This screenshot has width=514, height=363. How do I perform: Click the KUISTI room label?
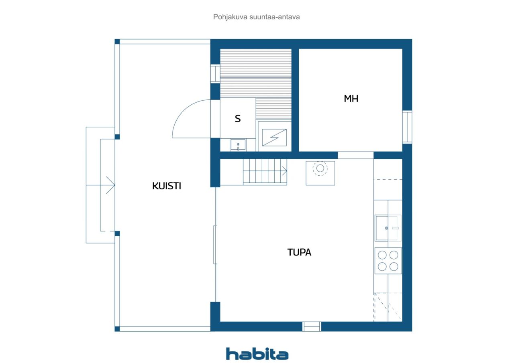tap(167, 186)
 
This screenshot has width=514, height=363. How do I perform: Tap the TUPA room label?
tap(299, 252)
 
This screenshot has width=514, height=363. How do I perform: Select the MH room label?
tap(351, 99)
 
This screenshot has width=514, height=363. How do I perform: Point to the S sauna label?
tap(238, 118)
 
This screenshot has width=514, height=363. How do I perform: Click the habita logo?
tap(257, 354)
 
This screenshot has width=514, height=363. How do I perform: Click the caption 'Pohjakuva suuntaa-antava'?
tap(256, 17)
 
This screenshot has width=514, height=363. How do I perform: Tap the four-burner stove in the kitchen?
tap(388, 261)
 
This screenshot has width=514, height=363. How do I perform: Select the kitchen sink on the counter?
tap(388, 228)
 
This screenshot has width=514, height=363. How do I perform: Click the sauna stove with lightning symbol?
tap(274, 137)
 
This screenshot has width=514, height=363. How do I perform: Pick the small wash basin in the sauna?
tap(238, 145)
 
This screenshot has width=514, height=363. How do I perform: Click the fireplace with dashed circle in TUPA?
tap(320, 173)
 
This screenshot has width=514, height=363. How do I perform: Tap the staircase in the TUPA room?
tap(265, 172)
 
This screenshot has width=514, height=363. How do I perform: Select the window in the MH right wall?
tap(407, 127)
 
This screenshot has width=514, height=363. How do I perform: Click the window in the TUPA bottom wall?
tap(311, 326)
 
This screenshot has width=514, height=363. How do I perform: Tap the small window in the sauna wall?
tap(215, 73)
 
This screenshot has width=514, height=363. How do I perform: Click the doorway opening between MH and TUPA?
tap(355, 155)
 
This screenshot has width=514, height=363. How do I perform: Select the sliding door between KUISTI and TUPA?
tap(215, 245)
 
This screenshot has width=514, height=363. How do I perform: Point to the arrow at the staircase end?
tap(284, 171)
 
